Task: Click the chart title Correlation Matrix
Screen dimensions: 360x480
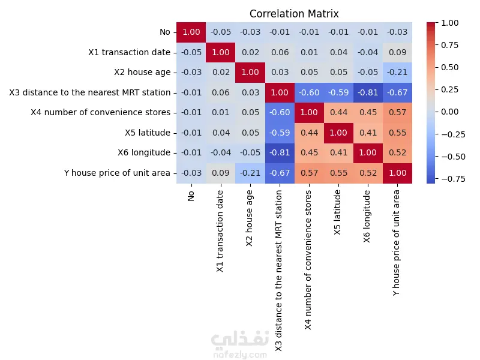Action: (294, 14)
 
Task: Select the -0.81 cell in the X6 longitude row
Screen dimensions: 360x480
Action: (280, 152)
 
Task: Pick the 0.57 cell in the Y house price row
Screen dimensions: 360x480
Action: (310, 173)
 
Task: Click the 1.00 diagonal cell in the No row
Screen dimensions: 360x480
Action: (191, 32)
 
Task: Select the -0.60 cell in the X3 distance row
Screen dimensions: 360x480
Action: (310, 92)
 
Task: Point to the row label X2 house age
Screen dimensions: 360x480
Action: (142, 73)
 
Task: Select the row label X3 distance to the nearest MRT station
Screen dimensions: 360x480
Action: (89, 92)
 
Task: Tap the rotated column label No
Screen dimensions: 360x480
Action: (191, 196)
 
